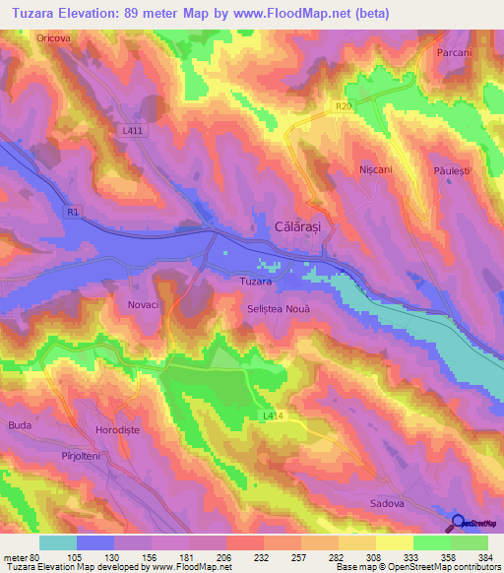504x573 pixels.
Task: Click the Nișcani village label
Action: coord(376,169)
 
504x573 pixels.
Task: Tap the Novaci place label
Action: coord(143,305)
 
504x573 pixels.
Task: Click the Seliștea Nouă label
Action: coord(279,309)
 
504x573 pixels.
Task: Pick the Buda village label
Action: coord(20,424)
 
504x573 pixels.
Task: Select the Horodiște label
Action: coord(102,432)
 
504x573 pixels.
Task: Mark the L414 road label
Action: coord(274,416)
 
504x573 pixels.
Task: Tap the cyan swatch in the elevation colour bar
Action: coord(58,542)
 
